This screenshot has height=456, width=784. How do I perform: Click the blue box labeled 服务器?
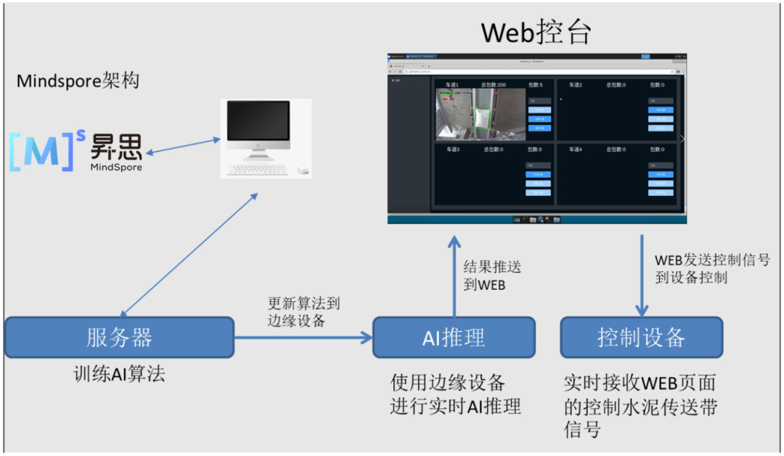point(120,338)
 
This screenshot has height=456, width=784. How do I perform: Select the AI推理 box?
point(454,338)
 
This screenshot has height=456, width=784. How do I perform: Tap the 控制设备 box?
point(642,338)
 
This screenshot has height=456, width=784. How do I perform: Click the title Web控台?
point(537,32)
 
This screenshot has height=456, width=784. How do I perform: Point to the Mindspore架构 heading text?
point(78,81)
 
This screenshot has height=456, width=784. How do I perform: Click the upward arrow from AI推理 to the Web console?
point(454,276)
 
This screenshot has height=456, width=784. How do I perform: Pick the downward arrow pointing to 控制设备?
point(642,276)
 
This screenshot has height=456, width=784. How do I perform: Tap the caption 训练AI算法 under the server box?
point(119,374)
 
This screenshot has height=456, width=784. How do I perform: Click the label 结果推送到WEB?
point(492,276)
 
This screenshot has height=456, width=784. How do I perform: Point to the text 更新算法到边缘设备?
point(303,312)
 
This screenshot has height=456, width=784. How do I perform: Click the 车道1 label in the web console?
point(452,85)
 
